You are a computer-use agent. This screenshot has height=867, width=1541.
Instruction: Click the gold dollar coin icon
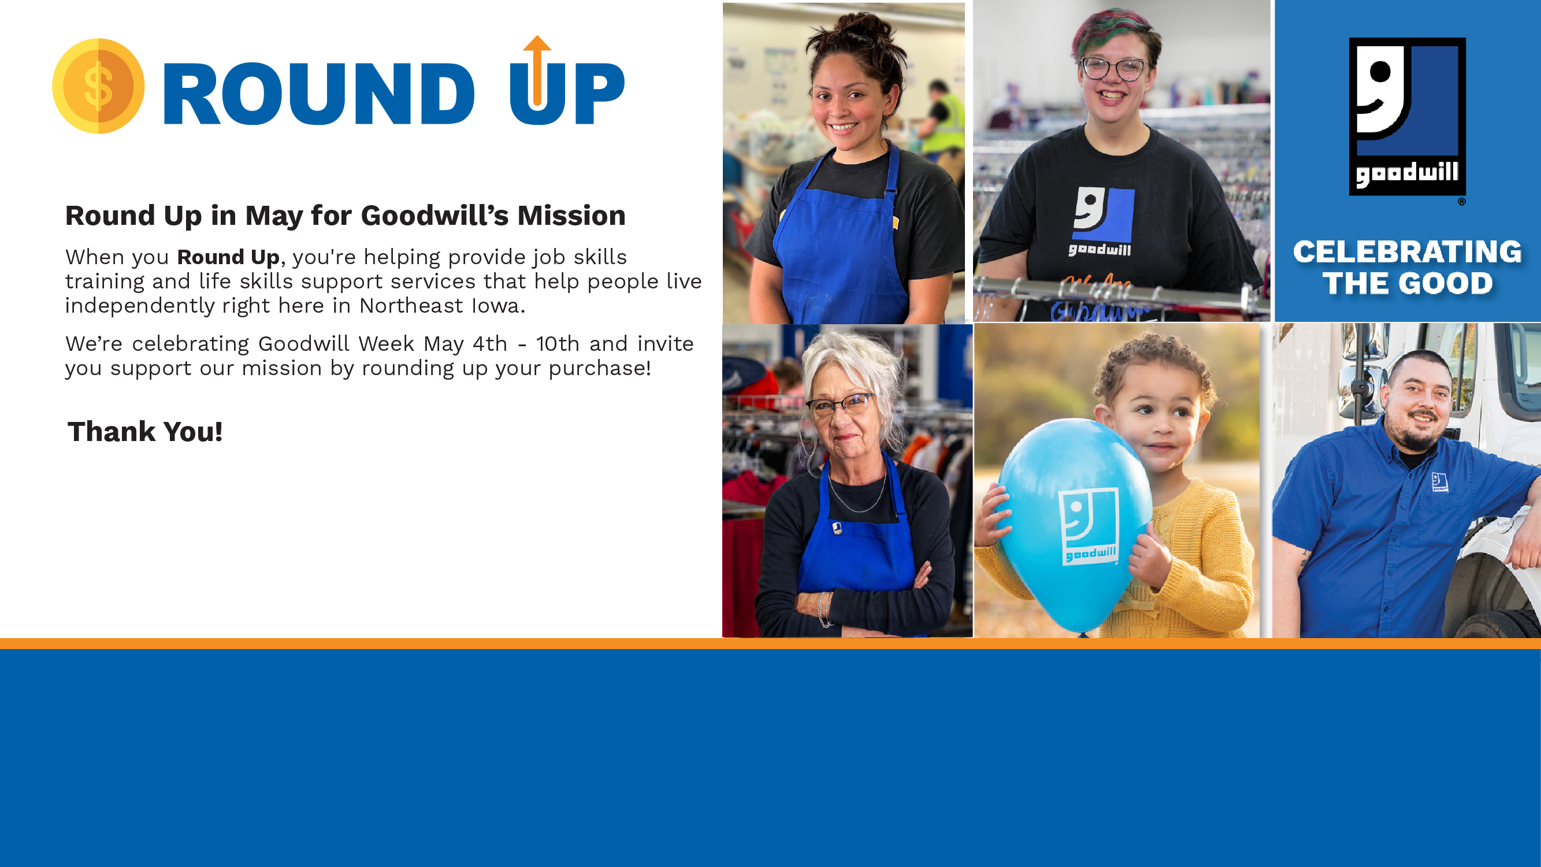98,86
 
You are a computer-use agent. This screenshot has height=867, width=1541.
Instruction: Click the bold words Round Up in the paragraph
228,257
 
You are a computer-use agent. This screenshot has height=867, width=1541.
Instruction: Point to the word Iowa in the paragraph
497,306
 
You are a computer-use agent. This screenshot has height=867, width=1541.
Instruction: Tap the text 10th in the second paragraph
558,344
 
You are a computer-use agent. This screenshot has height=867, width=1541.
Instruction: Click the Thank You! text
145,431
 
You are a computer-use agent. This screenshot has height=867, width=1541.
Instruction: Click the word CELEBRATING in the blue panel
1407,252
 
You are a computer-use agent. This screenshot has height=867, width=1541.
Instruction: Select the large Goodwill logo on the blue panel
1407,117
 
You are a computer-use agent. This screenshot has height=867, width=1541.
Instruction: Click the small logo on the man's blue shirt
1439,481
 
